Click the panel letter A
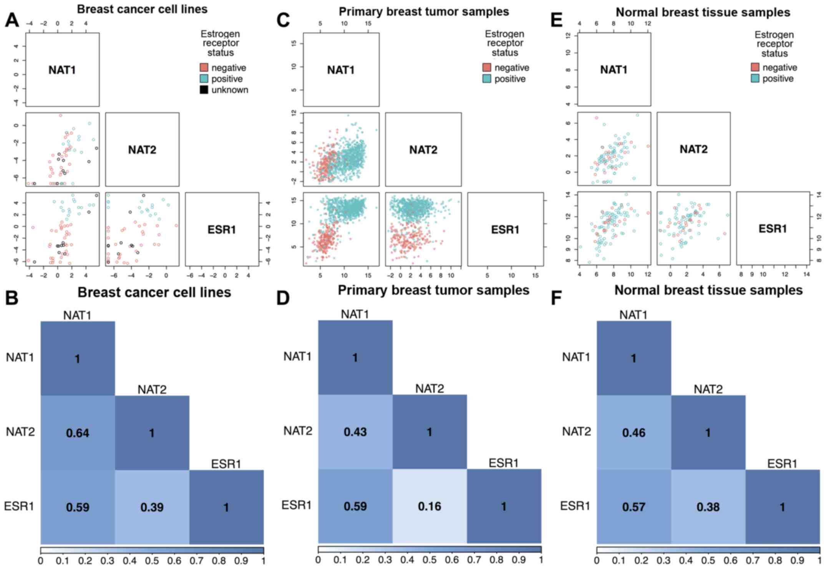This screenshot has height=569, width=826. [12, 19]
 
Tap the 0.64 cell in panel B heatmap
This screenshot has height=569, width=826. [78, 433]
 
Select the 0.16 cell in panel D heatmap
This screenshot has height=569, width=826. [430, 506]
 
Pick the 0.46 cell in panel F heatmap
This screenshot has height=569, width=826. [634, 433]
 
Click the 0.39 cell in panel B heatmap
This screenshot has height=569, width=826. [152, 507]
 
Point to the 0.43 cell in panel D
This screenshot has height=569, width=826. [355, 432]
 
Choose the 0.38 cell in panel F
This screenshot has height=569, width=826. [708, 507]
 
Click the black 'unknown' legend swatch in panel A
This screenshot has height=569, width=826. [204, 90]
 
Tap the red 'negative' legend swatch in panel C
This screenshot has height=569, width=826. [487, 68]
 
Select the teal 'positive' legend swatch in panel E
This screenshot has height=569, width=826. [755, 79]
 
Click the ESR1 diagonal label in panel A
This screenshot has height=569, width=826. [222, 230]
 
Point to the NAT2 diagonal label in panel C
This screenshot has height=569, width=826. [423, 149]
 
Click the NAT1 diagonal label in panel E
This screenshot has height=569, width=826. [614, 70]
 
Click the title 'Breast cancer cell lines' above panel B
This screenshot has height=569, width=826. [154, 292]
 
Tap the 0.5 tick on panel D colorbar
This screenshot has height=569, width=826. [430, 560]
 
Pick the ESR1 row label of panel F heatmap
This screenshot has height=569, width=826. [575, 506]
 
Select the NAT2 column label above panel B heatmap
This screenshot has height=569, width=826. [152, 390]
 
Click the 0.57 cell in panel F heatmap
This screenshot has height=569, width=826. [634, 507]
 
